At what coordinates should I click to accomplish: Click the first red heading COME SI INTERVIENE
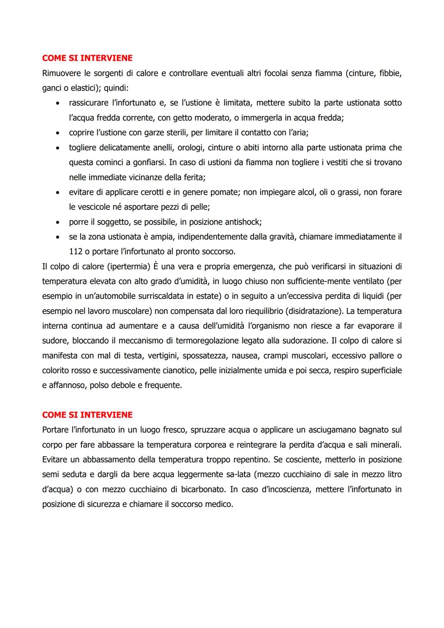click(x=87, y=58)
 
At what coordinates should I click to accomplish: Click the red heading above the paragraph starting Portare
click(x=87, y=415)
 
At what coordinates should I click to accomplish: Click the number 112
click(x=76, y=252)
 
